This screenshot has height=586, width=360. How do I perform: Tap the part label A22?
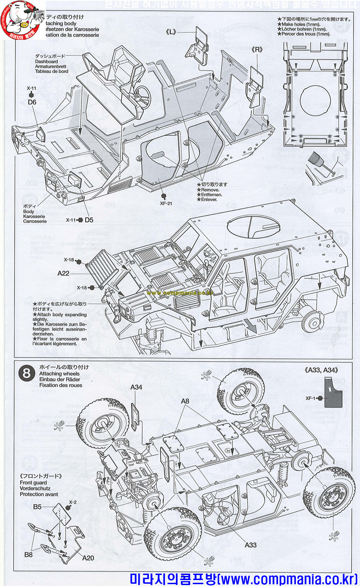(x=63, y=273)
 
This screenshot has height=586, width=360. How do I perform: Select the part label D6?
(x=32, y=102)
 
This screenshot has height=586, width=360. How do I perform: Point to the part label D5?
(x=88, y=220)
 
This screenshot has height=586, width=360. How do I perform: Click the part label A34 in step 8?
(x=136, y=387)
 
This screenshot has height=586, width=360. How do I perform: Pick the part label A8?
(x=185, y=401)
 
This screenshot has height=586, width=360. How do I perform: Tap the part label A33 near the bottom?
(x=250, y=545)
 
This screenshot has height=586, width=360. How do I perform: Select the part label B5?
(x=38, y=506)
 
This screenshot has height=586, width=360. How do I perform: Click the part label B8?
(x=29, y=554)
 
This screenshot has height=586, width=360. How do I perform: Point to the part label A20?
(x=88, y=558)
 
